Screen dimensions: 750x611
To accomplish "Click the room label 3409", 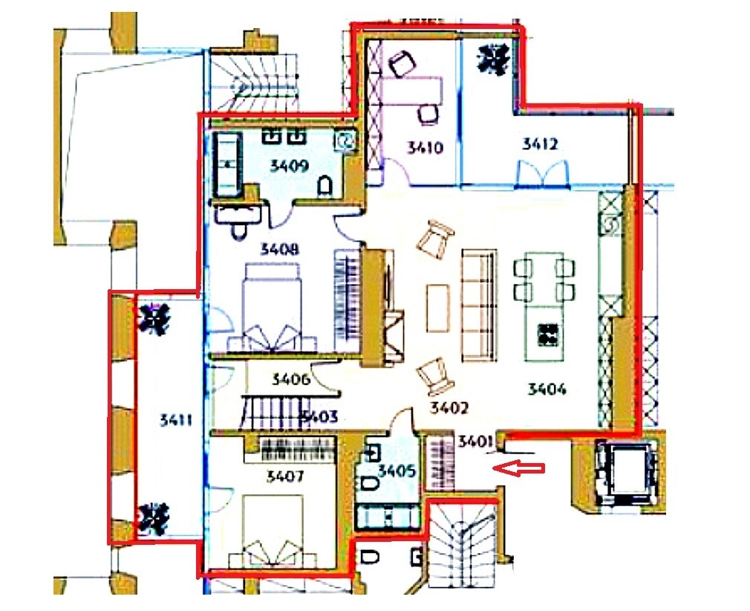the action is tap(290, 167).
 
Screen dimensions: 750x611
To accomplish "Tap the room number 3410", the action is tap(425, 147).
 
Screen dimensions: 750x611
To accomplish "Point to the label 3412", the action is tap(540, 144).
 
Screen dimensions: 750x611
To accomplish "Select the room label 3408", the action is tap(279, 249).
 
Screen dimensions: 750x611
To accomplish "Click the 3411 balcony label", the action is tap(175, 421).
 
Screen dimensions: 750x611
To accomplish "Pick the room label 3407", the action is tap(285, 476).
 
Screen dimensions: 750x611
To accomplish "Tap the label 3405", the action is tap(397, 471).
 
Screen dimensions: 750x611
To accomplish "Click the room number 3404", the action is tap(547, 389).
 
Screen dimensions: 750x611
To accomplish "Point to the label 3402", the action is tap(449, 408).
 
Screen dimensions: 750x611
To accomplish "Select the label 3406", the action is tap(291, 380).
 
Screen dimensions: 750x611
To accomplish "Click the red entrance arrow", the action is tap(519, 468).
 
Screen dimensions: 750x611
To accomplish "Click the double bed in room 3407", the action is tap(273, 532).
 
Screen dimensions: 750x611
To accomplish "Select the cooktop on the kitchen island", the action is tap(548, 334).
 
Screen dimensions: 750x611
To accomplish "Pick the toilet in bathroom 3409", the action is tap(325, 186).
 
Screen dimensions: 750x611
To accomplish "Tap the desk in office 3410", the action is tap(411, 91).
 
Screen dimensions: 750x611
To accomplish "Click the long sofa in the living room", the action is tap(479, 305).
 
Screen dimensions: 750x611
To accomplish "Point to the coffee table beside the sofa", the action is tap(438, 308).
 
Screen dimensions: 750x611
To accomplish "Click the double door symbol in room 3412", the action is tap(543, 173).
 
